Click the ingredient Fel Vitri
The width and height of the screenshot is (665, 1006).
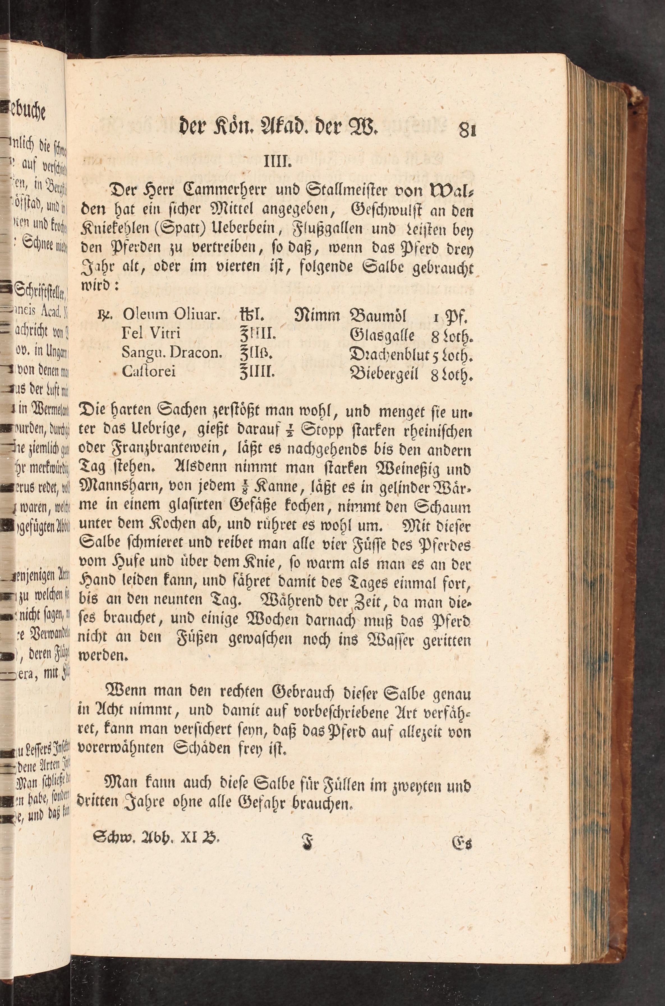pos(151,333)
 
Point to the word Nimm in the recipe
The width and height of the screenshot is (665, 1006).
pos(318,315)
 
